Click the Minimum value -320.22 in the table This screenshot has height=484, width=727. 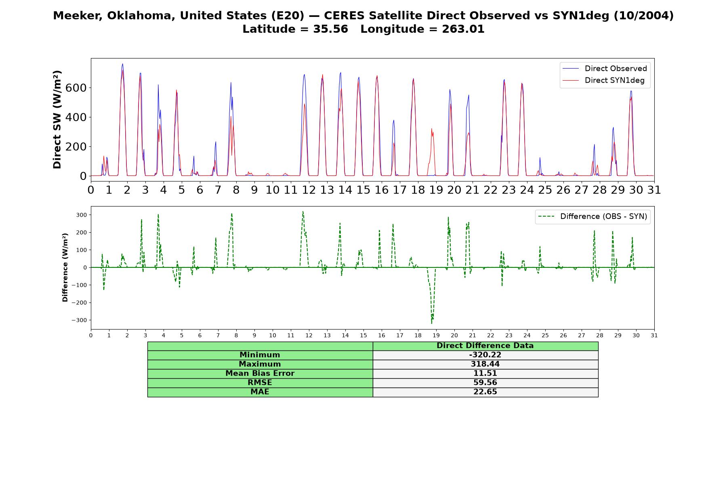point(485,355)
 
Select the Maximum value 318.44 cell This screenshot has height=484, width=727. point(485,364)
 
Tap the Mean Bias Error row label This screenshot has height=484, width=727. point(260,373)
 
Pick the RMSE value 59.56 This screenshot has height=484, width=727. point(485,383)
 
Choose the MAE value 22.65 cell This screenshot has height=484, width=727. point(485,392)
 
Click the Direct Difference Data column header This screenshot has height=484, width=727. point(485,346)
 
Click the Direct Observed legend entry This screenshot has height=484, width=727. point(605,69)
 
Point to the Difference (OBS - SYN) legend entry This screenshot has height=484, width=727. point(593,217)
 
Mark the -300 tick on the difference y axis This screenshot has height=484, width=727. point(79,320)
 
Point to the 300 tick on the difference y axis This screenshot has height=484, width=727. point(81,215)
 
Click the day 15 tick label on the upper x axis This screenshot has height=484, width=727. point(363,190)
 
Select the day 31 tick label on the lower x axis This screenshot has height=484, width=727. point(654,335)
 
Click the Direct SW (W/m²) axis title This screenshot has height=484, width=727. point(57,120)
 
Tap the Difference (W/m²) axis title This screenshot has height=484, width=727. point(65,268)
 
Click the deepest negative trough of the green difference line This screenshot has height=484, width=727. point(431,323)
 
